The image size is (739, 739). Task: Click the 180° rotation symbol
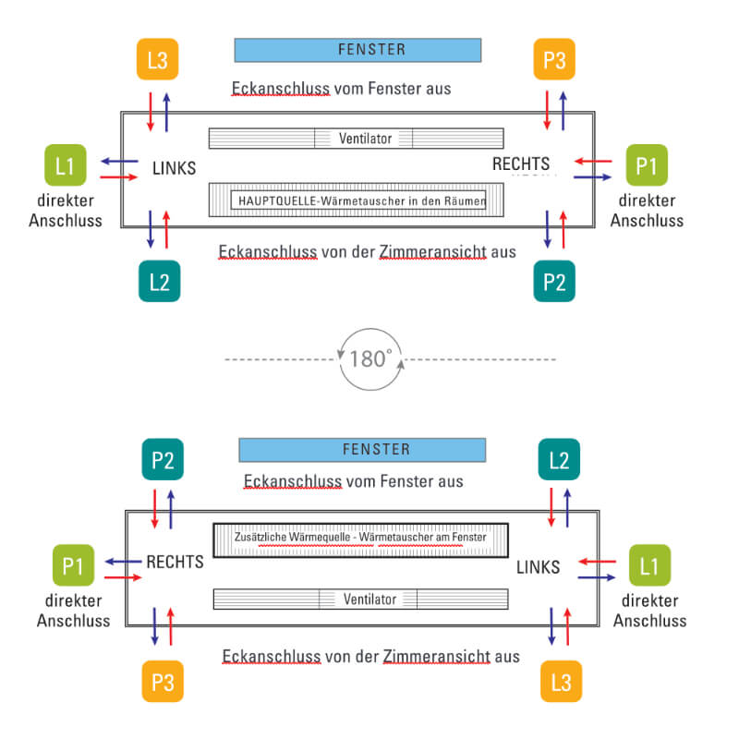point(371,358)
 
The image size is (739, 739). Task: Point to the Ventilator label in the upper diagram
point(365,139)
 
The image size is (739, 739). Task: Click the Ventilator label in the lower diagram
point(369,599)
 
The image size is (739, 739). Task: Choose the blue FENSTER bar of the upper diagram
point(357,50)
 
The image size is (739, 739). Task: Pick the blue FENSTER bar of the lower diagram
point(362,450)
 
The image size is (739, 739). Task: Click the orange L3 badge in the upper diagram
point(158,61)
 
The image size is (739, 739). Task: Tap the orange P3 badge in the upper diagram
point(554,61)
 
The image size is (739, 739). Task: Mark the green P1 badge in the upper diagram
point(647,167)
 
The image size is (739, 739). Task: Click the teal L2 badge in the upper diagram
point(159,281)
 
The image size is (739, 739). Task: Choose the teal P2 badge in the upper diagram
point(554,281)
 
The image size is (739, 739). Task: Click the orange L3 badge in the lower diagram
point(561,683)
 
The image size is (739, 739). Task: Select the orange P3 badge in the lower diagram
point(164,683)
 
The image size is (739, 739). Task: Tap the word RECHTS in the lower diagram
point(175,562)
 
